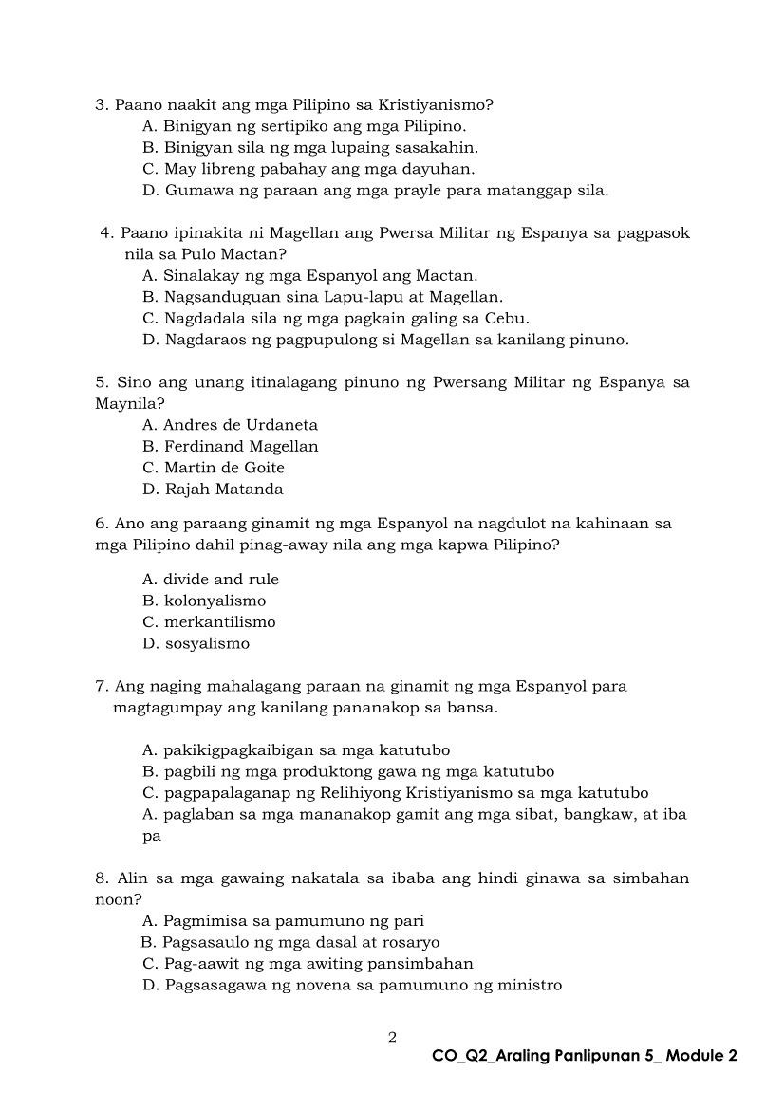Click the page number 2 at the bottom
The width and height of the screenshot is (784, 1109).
tap(392, 1037)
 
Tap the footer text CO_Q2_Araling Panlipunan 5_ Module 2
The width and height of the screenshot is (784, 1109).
tap(584, 1056)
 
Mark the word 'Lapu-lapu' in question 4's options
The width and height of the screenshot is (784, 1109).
tap(348, 297)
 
